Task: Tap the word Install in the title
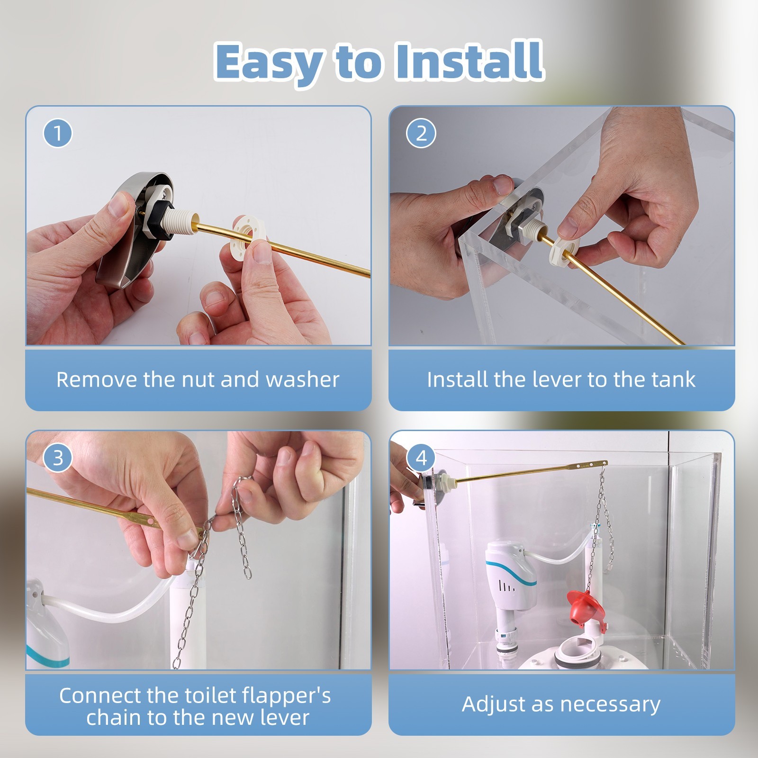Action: [469, 60]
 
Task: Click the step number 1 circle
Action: [58, 133]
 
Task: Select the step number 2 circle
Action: [421, 133]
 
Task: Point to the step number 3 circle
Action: [58, 458]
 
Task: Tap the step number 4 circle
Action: [421, 458]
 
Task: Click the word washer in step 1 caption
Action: [302, 379]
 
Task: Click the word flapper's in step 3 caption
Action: [286, 695]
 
